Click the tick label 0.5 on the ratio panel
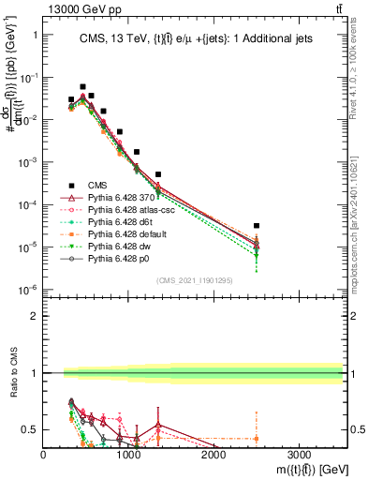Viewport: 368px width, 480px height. (31, 430)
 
